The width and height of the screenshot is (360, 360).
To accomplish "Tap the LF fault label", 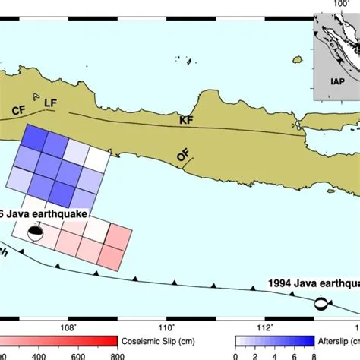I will coord(50,103).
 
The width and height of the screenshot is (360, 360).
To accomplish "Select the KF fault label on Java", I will coord(186,120).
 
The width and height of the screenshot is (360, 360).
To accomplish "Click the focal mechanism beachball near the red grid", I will coord(35,235).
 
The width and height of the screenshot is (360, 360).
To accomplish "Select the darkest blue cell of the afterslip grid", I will coord(33,139).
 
